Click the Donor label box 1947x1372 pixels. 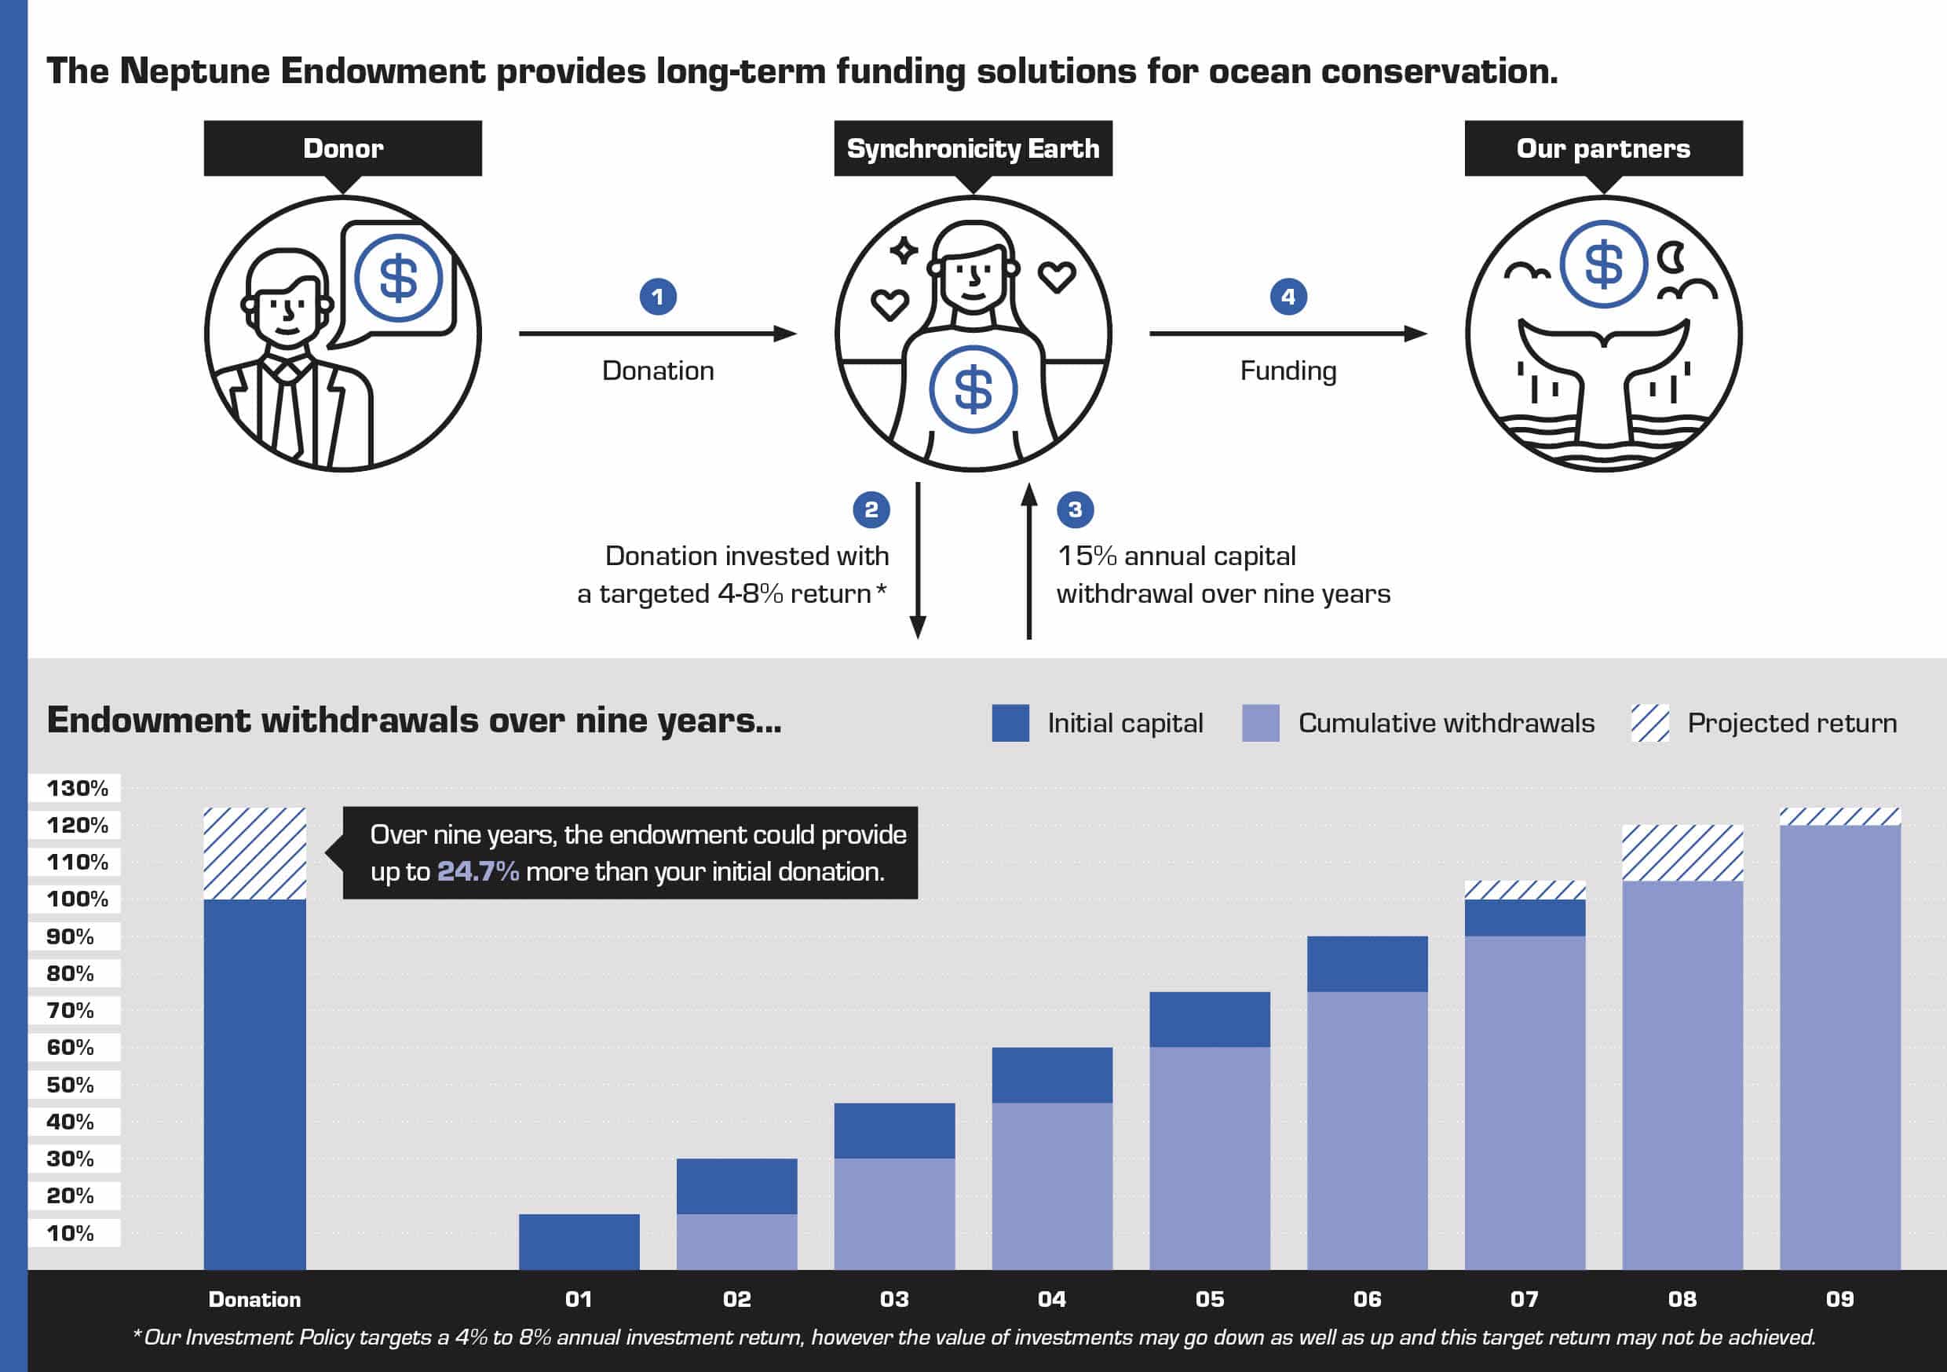click(x=342, y=148)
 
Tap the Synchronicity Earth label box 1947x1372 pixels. click(x=973, y=148)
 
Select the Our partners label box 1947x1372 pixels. click(x=1604, y=148)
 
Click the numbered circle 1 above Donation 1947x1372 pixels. click(x=658, y=297)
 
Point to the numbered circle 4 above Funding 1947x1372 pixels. click(x=1288, y=297)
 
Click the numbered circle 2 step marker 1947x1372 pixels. click(x=871, y=509)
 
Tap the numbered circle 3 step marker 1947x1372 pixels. click(x=1076, y=509)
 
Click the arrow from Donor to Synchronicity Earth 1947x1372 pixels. click(x=658, y=334)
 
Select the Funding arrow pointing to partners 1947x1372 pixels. click(x=1288, y=334)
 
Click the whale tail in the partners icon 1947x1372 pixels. click(x=1604, y=373)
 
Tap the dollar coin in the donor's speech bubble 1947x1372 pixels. click(x=398, y=278)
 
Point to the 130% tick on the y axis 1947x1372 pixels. click(x=76, y=789)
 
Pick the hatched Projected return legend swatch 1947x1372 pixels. click(x=1650, y=724)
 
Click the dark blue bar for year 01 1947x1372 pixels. click(x=579, y=1242)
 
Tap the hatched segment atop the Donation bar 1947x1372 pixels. click(x=254, y=853)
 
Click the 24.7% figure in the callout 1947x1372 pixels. click(x=477, y=872)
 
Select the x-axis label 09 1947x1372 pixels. click(x=1840, y=1299)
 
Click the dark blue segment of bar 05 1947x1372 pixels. click(x=1209, y=1020)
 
